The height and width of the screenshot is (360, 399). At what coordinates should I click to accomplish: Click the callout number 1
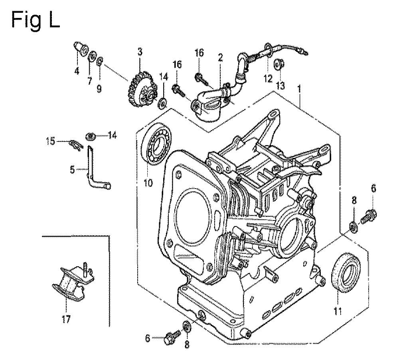point(299,89)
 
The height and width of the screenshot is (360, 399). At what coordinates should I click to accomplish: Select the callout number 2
point(220,58)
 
